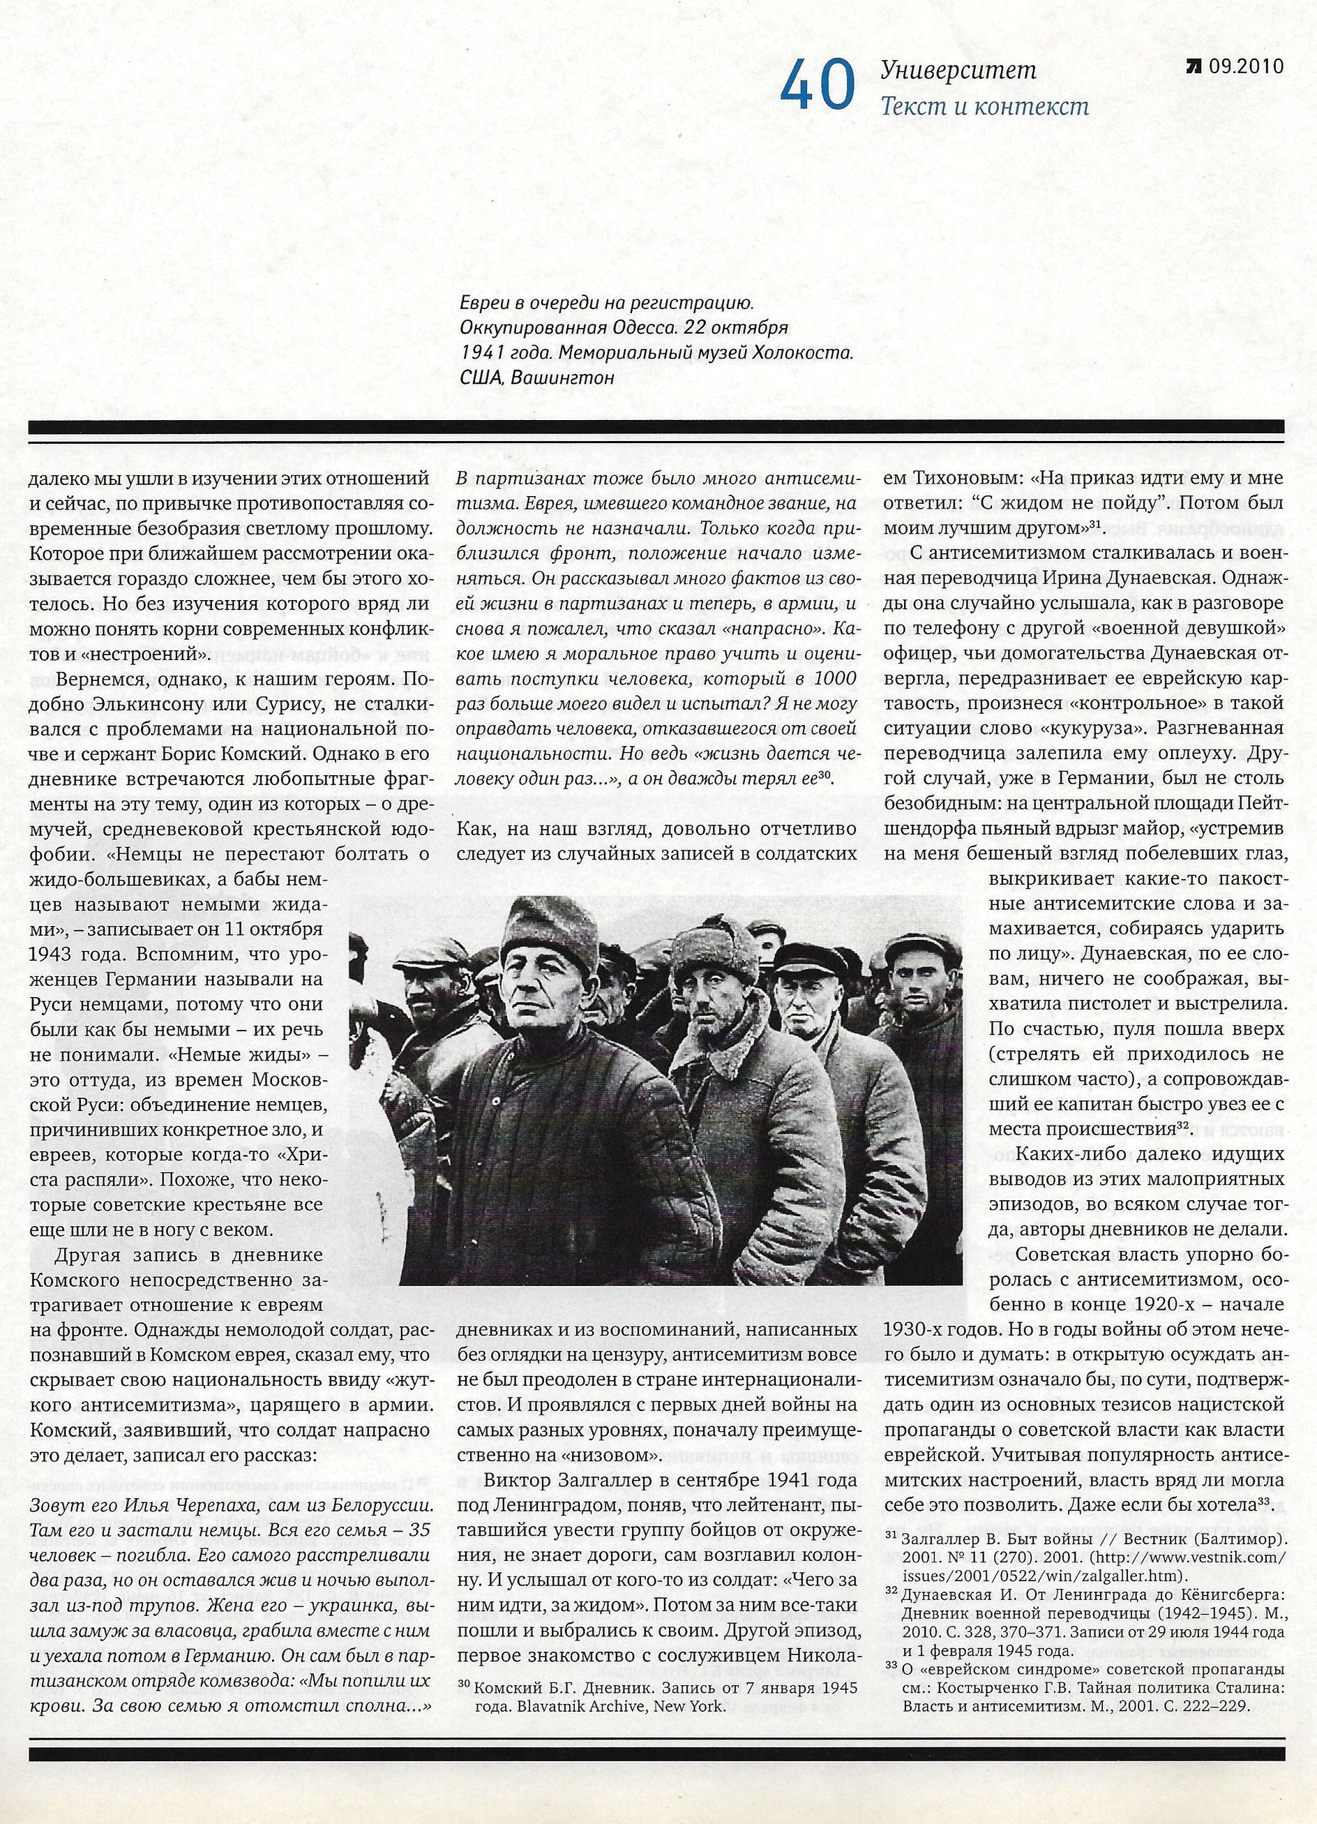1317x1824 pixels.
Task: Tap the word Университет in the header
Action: pos(958,70)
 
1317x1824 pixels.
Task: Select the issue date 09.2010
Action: pos(1244,68)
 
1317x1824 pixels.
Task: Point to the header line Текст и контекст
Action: pos(985,107)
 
